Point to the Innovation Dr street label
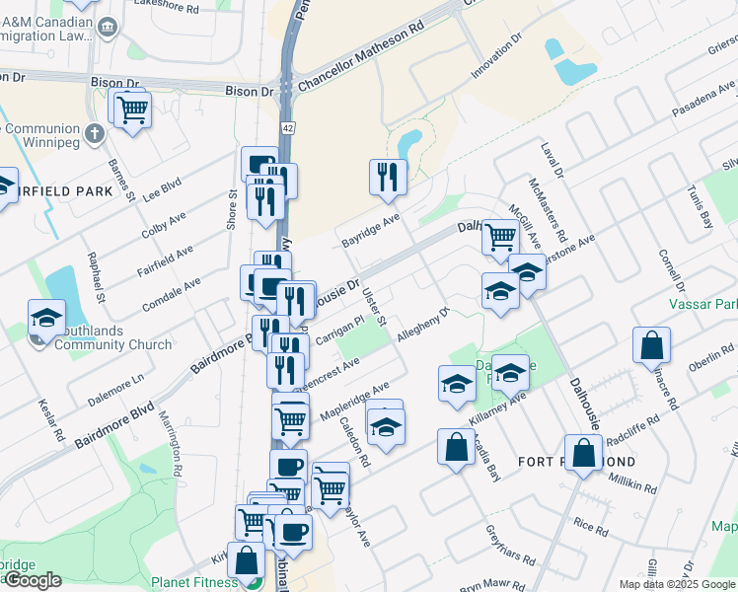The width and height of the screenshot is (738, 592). (x=496, y=61)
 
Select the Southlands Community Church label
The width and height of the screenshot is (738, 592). (x=112, y=337)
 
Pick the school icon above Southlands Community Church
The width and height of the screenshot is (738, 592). (x=46, y=317)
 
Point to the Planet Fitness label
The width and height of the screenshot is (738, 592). (x=194, y=582)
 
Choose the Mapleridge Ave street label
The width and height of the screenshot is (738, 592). (x=353, y=399)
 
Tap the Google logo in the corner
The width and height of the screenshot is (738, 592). (x=32, y=580)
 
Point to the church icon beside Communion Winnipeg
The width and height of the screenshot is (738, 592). (x=95, y=132)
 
